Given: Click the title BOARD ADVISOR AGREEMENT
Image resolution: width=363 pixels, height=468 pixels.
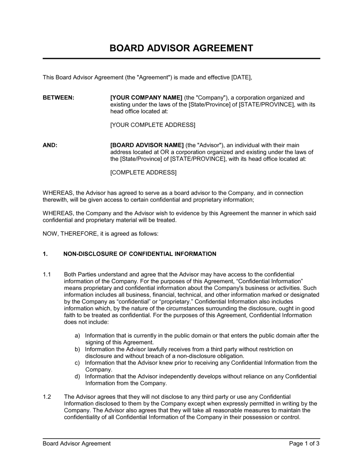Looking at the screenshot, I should (181, 48).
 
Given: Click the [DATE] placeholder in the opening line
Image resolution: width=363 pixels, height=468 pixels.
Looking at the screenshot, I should (241, 77).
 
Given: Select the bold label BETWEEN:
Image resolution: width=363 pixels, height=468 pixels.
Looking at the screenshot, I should (58, 98).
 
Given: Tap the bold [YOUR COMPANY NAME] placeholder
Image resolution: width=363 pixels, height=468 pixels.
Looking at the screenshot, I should (146, 98).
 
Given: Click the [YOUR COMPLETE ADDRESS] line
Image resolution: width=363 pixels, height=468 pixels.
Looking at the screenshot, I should (152, 125).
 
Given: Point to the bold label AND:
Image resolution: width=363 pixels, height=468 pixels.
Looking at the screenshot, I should (50, 145).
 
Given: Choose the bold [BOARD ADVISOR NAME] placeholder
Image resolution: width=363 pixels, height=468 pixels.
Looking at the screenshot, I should (147, 145).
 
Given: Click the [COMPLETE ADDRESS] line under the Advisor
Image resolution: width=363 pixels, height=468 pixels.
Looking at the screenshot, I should (143, 172).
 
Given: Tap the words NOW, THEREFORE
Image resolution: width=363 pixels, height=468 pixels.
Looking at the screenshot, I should (69, 234).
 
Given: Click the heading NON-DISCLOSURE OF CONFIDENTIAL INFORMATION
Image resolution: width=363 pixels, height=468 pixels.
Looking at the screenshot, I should (140, 254).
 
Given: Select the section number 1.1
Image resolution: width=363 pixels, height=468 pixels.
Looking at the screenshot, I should (47, 274).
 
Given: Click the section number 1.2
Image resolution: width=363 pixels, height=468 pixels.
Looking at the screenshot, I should (47, 397).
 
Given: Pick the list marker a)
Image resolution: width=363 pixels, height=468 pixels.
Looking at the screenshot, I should (77, 336).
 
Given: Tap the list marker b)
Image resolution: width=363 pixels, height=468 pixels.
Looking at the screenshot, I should (77, 349).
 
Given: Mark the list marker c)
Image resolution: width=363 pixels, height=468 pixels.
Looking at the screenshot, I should (77, 363).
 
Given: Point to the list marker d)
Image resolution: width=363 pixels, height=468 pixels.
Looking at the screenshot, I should (77, 376).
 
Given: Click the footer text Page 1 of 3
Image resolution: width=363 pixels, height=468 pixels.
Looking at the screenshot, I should (304, 443).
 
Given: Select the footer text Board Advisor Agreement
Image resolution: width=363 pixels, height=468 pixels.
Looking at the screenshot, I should (77, 443).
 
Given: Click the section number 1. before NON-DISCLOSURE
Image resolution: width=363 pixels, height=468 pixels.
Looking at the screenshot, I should (45, 254).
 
